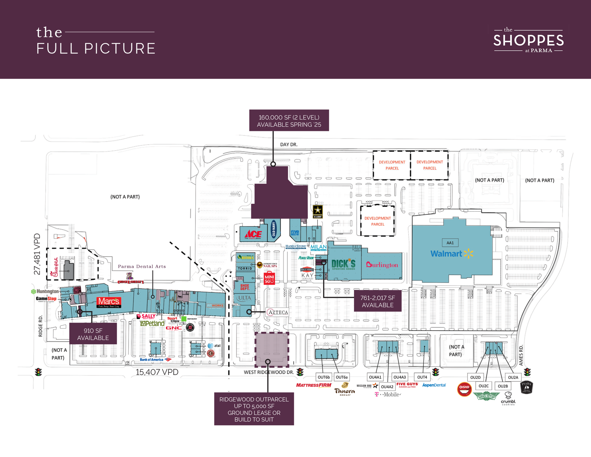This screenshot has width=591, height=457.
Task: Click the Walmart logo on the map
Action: (x=451, y=254)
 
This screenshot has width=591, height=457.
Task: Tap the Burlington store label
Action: (x=382, y=265)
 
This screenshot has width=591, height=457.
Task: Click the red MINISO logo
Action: (x=269, y=278)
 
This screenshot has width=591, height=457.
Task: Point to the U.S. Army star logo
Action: (x=318, y=211)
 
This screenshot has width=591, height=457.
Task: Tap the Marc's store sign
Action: (x=109, y=302)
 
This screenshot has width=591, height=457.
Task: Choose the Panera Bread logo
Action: (x=345, y=390)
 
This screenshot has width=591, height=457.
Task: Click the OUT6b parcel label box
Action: (x=324, y=377)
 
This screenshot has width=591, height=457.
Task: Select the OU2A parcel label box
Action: (x=513, y=377)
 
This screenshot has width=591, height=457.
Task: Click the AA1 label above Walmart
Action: (x=450, y=243)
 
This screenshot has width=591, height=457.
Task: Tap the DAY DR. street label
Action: (x=289, y=145)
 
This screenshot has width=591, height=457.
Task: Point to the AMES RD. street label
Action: (x=521, y=355)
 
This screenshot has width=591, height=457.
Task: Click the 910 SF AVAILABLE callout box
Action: (x=93, y=334)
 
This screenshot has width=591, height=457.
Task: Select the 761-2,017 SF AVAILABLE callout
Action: (x=378, y=302)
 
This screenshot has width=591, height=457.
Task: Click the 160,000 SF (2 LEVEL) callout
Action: (x=289, y=121)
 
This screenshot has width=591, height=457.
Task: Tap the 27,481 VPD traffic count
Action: (x=37, y=254)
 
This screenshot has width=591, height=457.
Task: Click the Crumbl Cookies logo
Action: (x=508, y=398)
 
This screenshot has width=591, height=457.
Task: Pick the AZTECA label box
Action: (x=277, y=312)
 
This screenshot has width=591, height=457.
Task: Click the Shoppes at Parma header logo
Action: (x=528, y=40)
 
